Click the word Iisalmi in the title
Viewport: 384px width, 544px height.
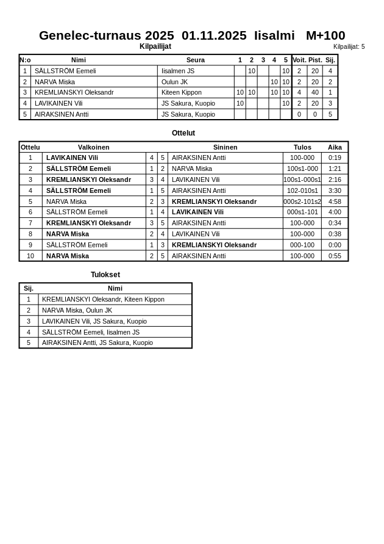coord(274,35)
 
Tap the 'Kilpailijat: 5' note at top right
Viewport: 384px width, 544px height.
coord(349,46)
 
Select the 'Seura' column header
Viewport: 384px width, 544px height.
coord(195,60)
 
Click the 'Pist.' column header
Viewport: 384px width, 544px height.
coord(315,60)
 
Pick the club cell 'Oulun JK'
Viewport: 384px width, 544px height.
coord(174,82)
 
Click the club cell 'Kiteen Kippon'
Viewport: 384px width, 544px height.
coord(181,93)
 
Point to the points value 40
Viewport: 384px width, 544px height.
coord(315,93)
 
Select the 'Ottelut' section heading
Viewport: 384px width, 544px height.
coord(183,133)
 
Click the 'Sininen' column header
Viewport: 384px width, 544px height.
coord(226,147)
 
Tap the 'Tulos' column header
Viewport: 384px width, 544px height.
coord(302,147)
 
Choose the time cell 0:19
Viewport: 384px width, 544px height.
coord(335,158)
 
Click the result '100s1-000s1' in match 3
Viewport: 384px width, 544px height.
coord(302,180)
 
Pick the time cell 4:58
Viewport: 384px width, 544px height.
coord(335,201)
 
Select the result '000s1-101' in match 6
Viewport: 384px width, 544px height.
coord(302,212)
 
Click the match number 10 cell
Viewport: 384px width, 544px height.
coord(30,256)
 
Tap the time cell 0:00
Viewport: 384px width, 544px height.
coord(335,245)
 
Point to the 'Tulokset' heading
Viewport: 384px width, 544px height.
coord(105,275)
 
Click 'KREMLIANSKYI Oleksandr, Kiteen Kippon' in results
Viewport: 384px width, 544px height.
coord(103,299)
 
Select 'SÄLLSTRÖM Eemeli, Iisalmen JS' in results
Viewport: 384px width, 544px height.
coord(91,332)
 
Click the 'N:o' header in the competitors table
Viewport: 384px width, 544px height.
coord(25,60)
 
